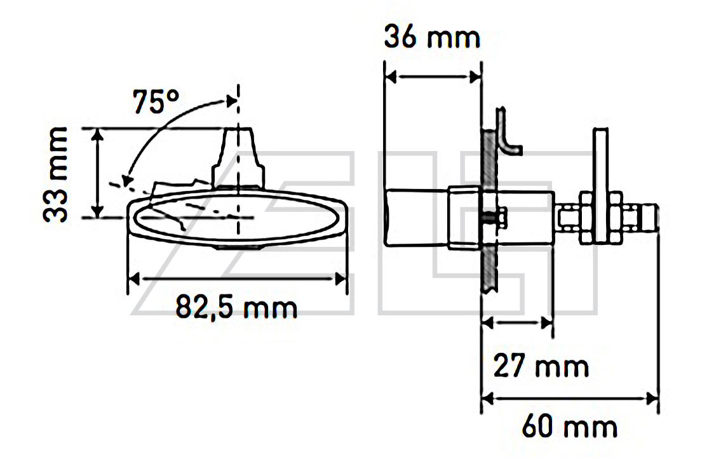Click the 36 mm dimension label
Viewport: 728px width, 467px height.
432,37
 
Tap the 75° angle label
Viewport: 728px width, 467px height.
156,102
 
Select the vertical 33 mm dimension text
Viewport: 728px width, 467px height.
55,174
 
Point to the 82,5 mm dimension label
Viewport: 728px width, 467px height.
236,306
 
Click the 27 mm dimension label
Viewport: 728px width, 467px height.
541,365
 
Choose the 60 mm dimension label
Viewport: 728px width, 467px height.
570,426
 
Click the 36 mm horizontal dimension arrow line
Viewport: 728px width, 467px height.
433,77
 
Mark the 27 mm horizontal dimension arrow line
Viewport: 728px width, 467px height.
518,322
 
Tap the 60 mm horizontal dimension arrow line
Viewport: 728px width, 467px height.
570,398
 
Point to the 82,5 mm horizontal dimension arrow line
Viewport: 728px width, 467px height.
237,279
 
